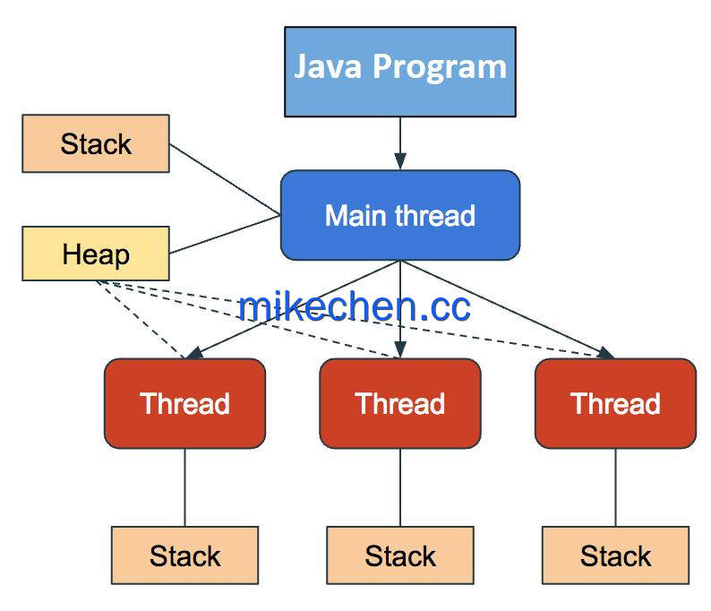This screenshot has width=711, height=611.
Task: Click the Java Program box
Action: click(400, 72)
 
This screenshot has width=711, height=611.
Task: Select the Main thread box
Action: click(400, 215)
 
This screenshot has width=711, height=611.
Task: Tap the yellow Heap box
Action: click(96, 254)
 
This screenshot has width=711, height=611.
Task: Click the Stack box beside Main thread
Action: click(96, 143)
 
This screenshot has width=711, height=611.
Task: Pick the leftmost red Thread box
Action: click(185, 403)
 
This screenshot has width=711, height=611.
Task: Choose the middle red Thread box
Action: click(400, 403)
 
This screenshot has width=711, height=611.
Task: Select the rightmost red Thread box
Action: click(615, 403)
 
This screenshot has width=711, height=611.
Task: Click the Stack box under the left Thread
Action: click(185, 555)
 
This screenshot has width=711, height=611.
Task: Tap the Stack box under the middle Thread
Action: click(400, 555)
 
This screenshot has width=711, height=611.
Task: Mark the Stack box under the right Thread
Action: click(615, 555)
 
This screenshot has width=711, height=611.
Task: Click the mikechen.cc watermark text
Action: click(354, 306)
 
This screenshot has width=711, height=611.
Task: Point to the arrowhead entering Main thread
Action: click(400, 161)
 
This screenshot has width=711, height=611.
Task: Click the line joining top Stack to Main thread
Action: click(225, 179)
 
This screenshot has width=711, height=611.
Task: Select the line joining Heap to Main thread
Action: click(225, 235)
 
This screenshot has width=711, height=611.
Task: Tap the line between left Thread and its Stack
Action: click(185, 487)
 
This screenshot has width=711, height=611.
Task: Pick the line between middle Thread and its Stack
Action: click(400, 487)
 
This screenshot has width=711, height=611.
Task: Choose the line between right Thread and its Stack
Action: click(615, 487)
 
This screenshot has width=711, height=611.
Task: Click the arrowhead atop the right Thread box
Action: click(605, 353)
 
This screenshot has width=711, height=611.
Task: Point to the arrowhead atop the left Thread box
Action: click(195, 353)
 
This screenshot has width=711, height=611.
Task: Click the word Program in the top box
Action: click(440, 68)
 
